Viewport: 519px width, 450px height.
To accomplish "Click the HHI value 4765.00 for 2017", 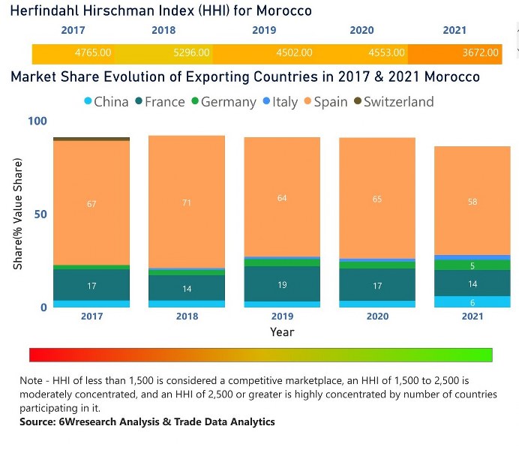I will [93, 53].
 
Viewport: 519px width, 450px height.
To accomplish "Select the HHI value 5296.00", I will [192, 53].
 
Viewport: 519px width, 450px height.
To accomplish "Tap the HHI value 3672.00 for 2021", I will [480, 53].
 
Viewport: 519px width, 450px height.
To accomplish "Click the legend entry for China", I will [104, 102].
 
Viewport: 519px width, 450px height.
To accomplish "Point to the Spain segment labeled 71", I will [187, 202].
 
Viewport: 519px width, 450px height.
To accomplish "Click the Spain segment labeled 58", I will [472, 202].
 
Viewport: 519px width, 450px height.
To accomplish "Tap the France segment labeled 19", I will [282, 286].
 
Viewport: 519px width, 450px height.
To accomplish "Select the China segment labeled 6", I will [472, 301].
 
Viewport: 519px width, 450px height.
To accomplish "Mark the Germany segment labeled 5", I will [472, 265].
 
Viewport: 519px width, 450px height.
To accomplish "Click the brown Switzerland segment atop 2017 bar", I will [91, 139].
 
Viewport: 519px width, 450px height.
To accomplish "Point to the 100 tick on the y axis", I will [37, 121].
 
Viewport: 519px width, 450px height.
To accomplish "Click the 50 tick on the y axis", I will [40, 214].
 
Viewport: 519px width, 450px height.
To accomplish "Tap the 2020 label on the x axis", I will [377, 316].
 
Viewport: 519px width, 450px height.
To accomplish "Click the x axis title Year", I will [282, 331].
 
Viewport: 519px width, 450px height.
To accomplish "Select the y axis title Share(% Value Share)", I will [17, 214].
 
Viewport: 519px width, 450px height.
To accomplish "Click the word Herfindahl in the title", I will [46, 10].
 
